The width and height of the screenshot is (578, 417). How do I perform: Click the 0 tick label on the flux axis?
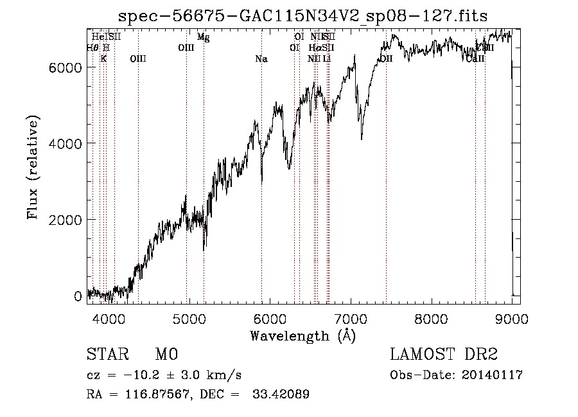click(78, 296)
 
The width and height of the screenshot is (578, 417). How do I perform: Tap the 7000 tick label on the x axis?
click(351, 318)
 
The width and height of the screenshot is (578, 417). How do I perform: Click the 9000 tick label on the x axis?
click(512, 318)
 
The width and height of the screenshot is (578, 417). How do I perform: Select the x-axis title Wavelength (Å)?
click(302, 335)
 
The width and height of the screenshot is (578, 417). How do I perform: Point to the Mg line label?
click(203, 37)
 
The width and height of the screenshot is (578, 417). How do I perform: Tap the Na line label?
click(261, 59)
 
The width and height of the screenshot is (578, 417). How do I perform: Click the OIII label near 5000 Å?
click(186, 48)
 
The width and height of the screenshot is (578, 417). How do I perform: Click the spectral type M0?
click(166, 355)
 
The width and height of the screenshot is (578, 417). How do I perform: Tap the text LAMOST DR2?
click(444, 355)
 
